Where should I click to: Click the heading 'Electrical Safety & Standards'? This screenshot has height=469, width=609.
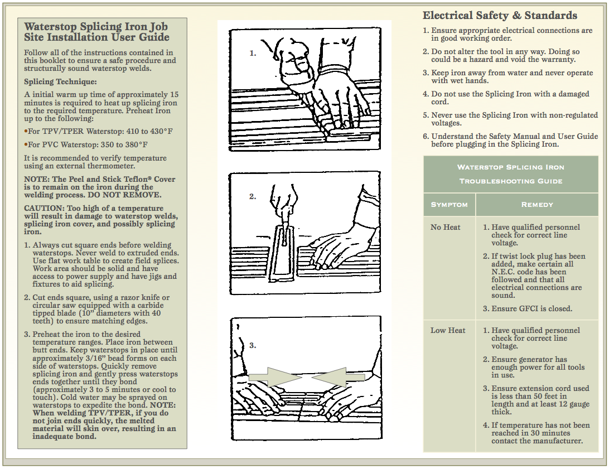(x=500, y=16)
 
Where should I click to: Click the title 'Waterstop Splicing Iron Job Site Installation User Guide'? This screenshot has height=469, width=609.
(x=96, y=32)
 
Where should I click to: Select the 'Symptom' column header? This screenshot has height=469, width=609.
(x=449, y=205)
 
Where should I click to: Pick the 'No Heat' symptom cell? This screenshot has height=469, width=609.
(x=446, y=228)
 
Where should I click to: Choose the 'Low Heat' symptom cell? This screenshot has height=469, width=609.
(x=448, y=330)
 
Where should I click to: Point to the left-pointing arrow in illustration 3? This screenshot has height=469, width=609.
(x=337, y=378)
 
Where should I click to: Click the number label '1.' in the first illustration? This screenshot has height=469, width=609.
(x=253, y=54)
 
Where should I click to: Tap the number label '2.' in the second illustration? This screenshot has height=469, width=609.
(x=253, y=196)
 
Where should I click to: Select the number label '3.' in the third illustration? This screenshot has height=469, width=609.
(x=253, y=346)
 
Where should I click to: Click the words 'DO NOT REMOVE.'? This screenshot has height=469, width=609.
(x=134, y=195)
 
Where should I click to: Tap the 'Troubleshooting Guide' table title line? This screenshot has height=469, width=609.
(x=510, y=181)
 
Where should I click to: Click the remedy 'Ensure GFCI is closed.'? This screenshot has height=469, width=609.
(x=531, y=308)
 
